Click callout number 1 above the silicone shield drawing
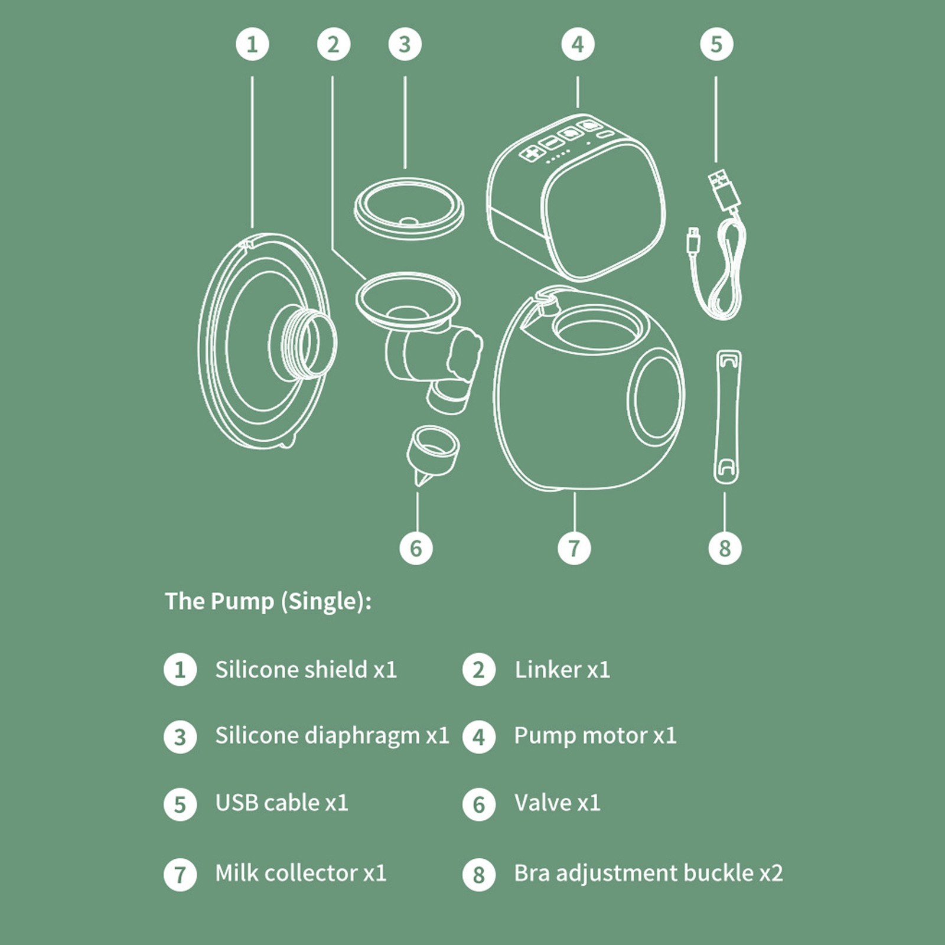click(x=252, y=44)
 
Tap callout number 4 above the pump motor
click(x=578, y=44)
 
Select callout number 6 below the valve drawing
click(x=416, y=548)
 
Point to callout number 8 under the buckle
click(x=725, y=548)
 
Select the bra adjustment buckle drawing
click(x=728, y=416)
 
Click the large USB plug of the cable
click(x=724, y=189)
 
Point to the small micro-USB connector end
click(x=693, y=241)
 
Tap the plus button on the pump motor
click(x=532, y=152)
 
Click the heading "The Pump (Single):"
click(x=268, y=602)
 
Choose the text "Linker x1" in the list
click(x=562, y=670)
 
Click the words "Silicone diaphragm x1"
click(x=332, y=737)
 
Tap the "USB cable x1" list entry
click(x=282, y=803)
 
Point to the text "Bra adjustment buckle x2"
click(x=649, y=873)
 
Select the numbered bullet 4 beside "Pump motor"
click(x=479, y=737)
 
